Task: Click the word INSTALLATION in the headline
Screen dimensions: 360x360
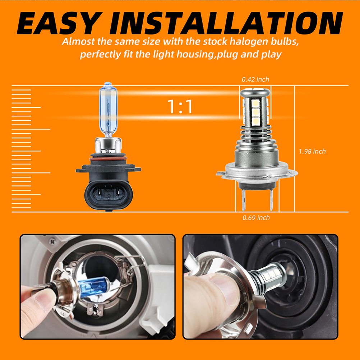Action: [x=226, y=23]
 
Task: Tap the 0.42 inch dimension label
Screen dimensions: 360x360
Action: [x=255, y=79]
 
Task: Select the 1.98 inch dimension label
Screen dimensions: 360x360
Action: [x=312, y=151]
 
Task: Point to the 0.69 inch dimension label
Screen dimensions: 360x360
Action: [x=256, y=217]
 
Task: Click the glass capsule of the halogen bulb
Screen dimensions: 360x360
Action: [x=108, y=110]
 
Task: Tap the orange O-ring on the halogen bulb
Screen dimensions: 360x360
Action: [x=108, y=159]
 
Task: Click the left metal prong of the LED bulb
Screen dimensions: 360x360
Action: [x=244, y=199]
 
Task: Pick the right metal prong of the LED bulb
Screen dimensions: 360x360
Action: [x=271, y=199]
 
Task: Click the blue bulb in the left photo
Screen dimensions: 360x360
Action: [x=94, y=287]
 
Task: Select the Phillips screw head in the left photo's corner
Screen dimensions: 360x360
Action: [x=52, y=241]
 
